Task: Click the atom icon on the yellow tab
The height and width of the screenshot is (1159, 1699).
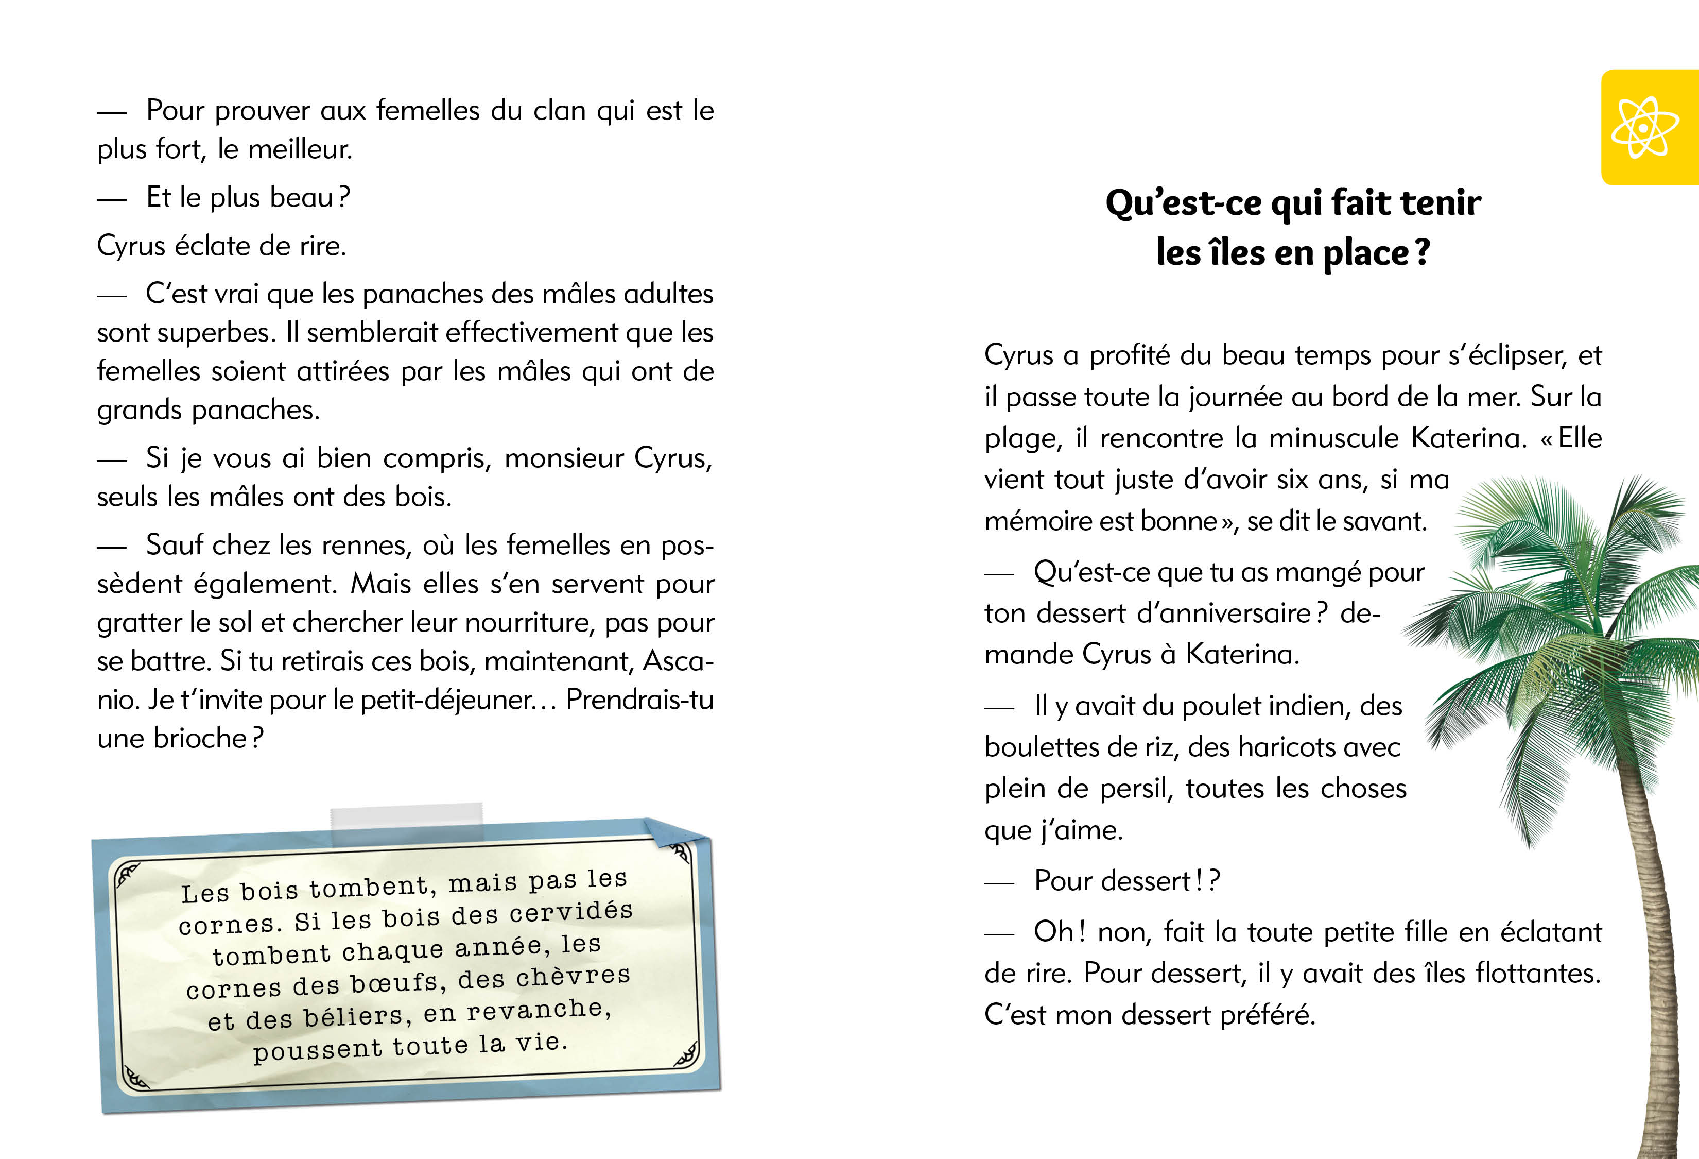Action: tap(1643, 128)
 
